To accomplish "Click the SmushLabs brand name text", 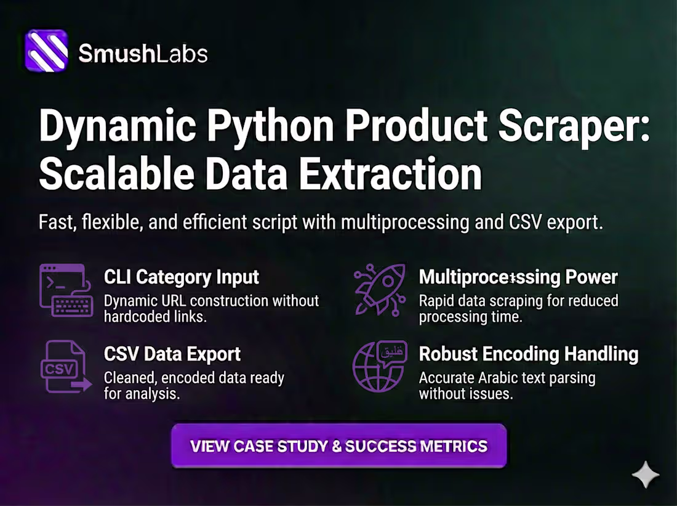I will [x=143, y=54].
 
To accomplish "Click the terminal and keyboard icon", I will [x=66, y=290].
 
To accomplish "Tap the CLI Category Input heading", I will [x=182, y=277].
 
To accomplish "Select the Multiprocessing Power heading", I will [x=518, y=277].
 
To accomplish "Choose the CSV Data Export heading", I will [x=172, y=354].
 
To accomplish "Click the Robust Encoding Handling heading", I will [x=528, y=354].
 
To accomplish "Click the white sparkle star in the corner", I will [x=646, y=475].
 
